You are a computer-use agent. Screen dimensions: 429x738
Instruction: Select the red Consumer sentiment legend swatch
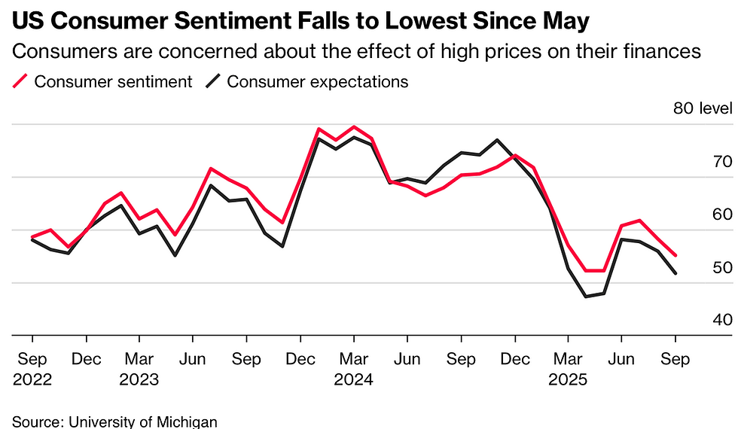(21, 81)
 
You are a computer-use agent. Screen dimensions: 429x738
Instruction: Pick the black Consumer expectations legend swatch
(214, 81)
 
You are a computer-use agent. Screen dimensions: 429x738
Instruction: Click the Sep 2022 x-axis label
(32, 369)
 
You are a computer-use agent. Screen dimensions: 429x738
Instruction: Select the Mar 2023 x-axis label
(139, 369)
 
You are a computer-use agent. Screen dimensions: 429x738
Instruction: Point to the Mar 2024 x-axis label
(353, 369)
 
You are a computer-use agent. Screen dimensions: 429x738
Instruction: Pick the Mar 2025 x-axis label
(567, 369)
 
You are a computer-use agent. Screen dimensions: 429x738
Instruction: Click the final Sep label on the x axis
(675, 359)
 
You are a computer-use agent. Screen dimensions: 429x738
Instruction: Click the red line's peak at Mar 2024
(353, 126)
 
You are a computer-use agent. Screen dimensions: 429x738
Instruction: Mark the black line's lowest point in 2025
(585, 297)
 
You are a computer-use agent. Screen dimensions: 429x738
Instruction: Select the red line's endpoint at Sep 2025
(675, 256)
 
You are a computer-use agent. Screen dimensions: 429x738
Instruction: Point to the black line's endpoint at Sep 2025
(675, 274)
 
